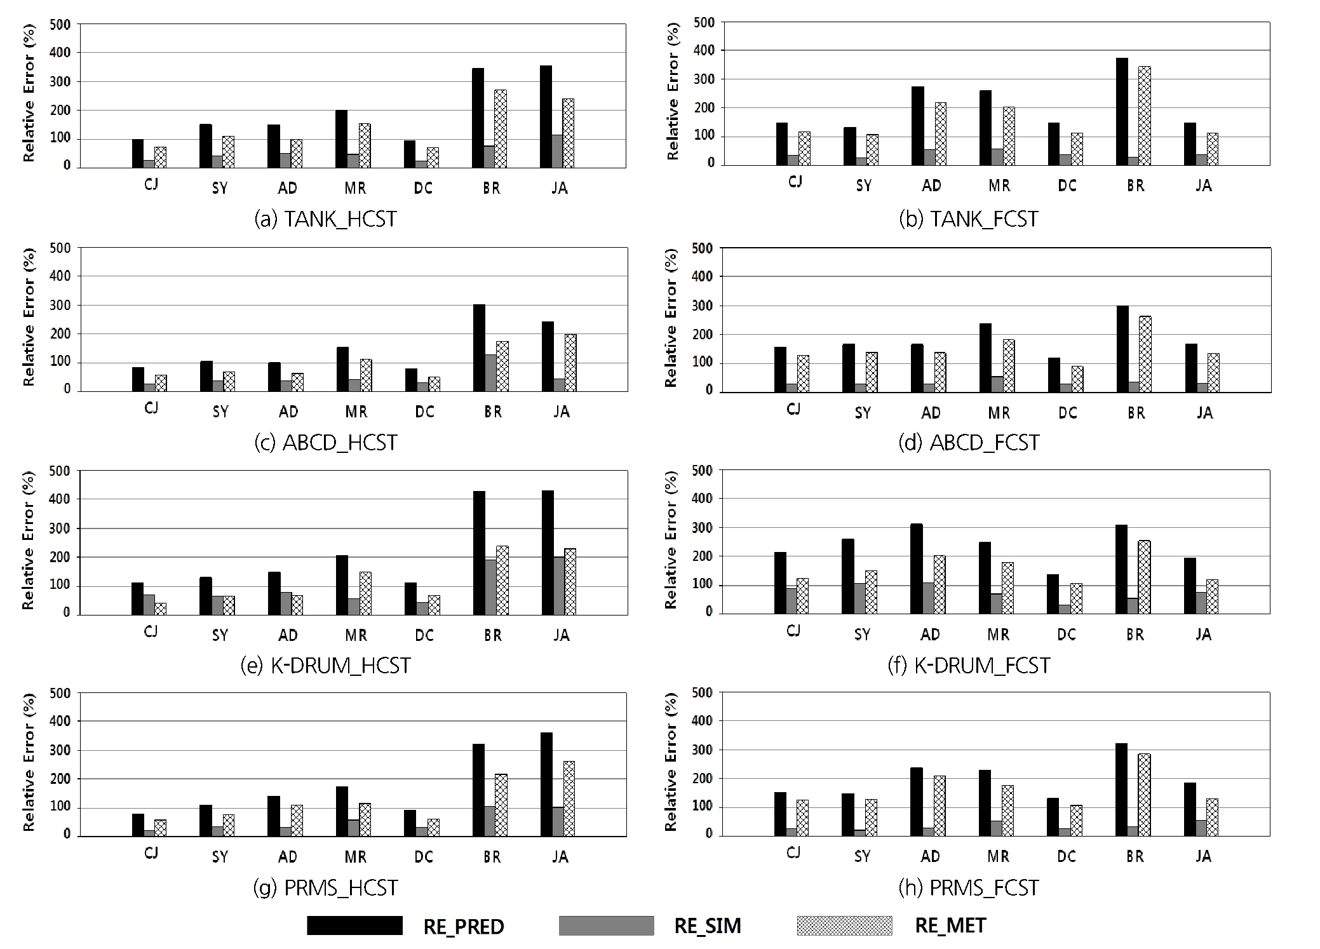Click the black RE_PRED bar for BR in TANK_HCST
(478, 118)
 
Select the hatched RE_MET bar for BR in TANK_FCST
(1144, 116)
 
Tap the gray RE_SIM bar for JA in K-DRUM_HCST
(558, 586)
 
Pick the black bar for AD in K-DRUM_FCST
(916, 569)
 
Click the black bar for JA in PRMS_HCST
(546, 784)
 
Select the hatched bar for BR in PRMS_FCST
(1144, 795)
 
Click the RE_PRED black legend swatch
(354, 925)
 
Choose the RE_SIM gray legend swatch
(606, 925)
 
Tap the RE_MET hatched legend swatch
(844, 925)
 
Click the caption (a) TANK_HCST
(325, 219)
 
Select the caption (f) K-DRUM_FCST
(969, 665)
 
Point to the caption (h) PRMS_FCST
(969, 887)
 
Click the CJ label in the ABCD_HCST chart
(151, 408)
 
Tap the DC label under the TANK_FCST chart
(1067, 185)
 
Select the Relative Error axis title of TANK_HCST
(29, 93)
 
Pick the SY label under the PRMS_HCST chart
(220, 857)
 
